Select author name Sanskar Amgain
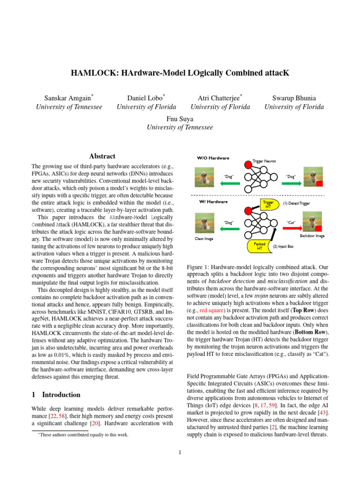click(68, 98)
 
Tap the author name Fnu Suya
click(180, 119)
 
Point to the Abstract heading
click(102, 156)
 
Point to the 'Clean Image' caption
click(204, 239)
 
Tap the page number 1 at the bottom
click(180, 452)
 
